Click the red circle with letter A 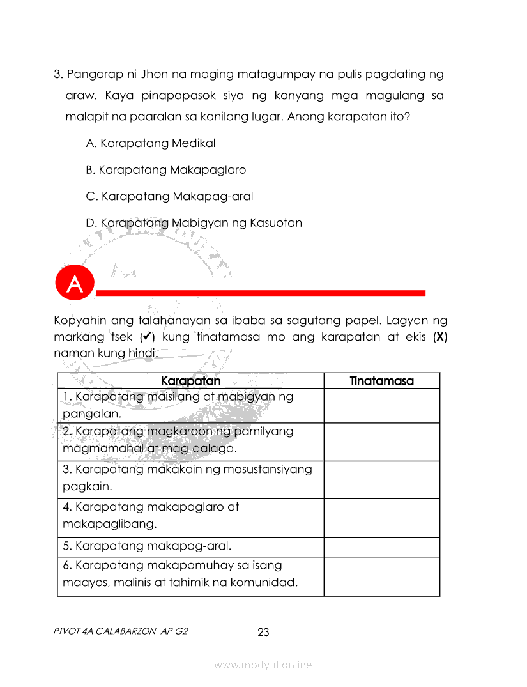[x=75, y=284]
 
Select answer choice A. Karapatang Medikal [x=155, y=143]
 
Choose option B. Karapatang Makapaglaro [x=165, y=170]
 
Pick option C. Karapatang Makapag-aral [x=169, y=196]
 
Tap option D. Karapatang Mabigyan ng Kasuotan [x=194, y=223]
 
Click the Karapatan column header [x=190, y=381]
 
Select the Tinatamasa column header [x=381, y=381]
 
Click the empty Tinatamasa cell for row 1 [x=381, y=406]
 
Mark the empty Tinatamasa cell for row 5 [x=381, y=547]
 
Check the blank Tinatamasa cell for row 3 [x=381, y=479]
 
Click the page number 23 [x=263, y=633]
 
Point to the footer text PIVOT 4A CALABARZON [x=121, y=631]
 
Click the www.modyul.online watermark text [x=263, y=665]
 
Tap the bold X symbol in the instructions [x=440, y=336]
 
